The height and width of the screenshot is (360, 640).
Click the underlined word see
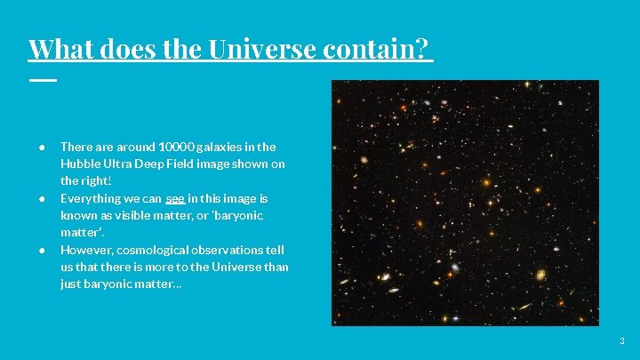(175, 198)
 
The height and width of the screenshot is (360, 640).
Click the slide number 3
(622, 341)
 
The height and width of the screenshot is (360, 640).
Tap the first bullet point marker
(42, 147)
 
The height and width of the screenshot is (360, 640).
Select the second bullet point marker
(42, 198)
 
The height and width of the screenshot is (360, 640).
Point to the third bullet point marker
(42, 250)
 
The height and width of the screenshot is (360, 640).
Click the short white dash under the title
(42, 80)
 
